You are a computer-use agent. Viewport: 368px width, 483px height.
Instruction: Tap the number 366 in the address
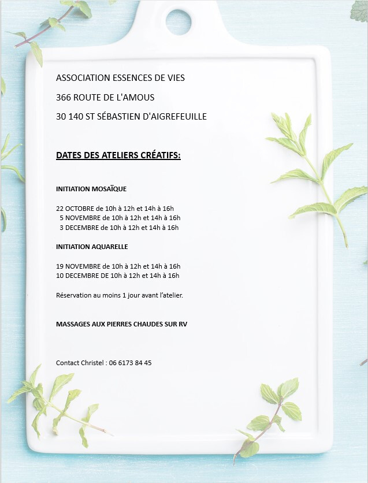click(63, 97)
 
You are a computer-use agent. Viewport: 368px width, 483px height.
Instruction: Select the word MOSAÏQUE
click(109, 189)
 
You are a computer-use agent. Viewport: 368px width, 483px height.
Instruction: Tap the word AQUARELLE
click(110, 247)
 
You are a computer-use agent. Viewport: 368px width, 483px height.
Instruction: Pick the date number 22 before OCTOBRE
click(60, 208)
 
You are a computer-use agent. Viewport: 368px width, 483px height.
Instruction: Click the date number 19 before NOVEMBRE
click(60, 266)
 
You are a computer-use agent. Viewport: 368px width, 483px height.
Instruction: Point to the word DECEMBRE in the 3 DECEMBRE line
click(83, 228)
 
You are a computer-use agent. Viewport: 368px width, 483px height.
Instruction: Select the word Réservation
click(73, 295)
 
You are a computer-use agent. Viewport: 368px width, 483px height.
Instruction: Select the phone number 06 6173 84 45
click(131, 363)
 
